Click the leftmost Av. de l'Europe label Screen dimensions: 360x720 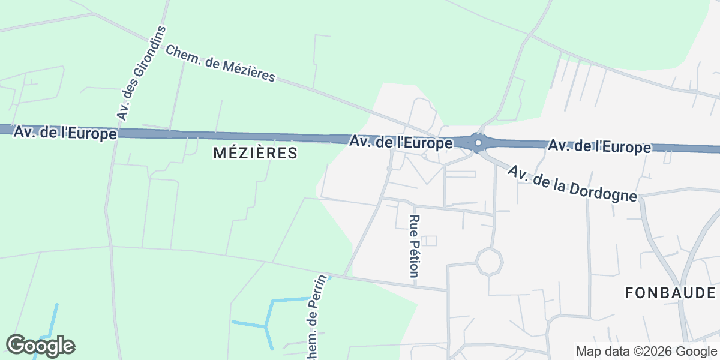65,133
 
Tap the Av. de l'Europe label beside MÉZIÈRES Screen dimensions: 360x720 401,143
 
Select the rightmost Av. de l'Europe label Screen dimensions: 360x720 599,146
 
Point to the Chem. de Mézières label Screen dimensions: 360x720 220,63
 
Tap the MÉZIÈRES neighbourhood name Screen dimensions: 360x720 256,154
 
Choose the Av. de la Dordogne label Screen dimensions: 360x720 572,184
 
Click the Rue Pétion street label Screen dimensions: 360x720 413,245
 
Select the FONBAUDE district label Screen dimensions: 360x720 670,293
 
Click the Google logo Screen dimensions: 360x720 40,346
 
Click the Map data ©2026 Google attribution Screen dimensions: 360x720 646,352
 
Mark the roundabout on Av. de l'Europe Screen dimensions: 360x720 478,143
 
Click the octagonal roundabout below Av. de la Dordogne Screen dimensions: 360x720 489,262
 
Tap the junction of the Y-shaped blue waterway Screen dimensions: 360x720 265,326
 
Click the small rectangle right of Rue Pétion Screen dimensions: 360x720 429,241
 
